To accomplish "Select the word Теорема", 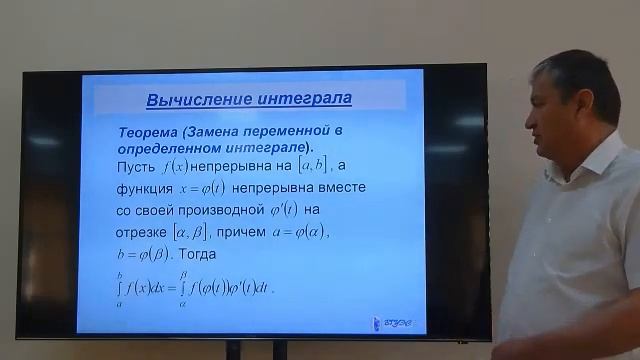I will [152, 132].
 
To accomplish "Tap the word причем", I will [262, 233].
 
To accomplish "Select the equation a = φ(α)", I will [328, 233].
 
